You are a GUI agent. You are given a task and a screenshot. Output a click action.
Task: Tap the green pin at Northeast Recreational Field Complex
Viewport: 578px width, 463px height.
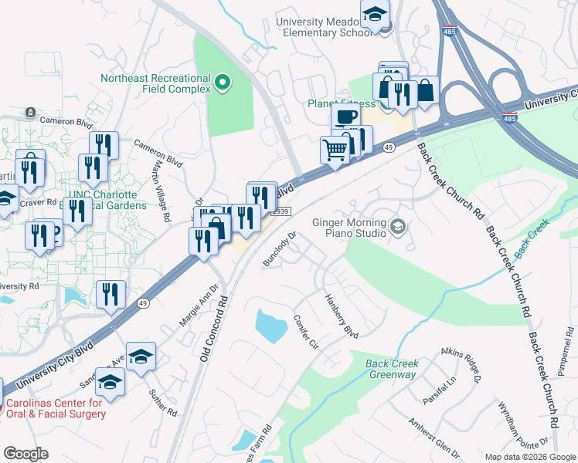tap(223, 82)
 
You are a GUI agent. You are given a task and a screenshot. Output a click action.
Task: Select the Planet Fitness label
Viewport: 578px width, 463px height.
tap(339, 103)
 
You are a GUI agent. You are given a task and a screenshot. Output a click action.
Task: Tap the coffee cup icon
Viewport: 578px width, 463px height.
tap(345, 117)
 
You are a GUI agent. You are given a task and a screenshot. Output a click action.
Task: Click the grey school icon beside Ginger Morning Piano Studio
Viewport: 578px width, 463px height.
tap(397, 226)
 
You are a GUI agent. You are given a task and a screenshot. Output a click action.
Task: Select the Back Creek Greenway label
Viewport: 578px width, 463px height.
tap(391, 369)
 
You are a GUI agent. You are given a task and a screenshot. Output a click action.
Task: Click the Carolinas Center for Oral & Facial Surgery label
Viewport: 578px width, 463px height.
tap(56, 408)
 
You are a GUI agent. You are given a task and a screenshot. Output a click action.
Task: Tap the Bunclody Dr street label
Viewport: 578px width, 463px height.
tap(280, 249)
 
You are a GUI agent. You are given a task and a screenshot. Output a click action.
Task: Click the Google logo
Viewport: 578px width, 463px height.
tap(25, 453)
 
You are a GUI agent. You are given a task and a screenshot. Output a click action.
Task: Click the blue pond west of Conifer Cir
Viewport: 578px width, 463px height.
tap(268, 326)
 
